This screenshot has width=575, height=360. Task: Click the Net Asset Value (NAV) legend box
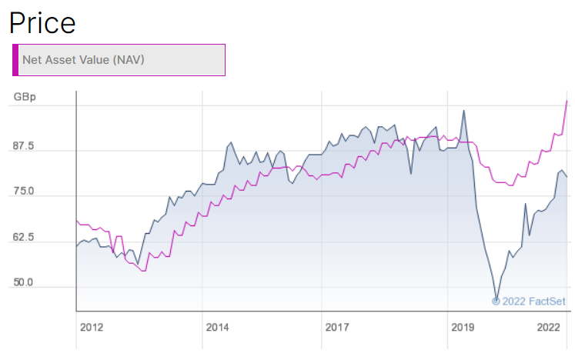(119, 60)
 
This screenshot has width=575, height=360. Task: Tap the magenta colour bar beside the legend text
(15, 60)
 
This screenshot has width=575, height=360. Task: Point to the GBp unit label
(23, 98)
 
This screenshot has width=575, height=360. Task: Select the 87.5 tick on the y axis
(22, 146)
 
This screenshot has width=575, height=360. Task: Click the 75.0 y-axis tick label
(22, 192)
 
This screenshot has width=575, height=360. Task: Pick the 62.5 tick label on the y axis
(22, 238)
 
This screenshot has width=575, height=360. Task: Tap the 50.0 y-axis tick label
(22, 283)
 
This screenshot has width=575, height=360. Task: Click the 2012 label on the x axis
(91, 327)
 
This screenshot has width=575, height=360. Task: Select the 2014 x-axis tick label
(217, 327)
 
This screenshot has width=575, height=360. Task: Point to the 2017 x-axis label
(337, 327)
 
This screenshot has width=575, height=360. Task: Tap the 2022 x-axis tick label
(548, 327)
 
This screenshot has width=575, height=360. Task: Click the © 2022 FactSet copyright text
(528, 301)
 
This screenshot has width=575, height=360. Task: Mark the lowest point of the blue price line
(496, 299)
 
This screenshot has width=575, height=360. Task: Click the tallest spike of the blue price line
(463, 110)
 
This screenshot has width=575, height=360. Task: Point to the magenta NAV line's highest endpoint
(567, 101)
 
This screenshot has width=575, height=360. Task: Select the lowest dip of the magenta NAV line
(143, 271)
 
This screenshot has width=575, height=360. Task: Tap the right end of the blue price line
(567, 177)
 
